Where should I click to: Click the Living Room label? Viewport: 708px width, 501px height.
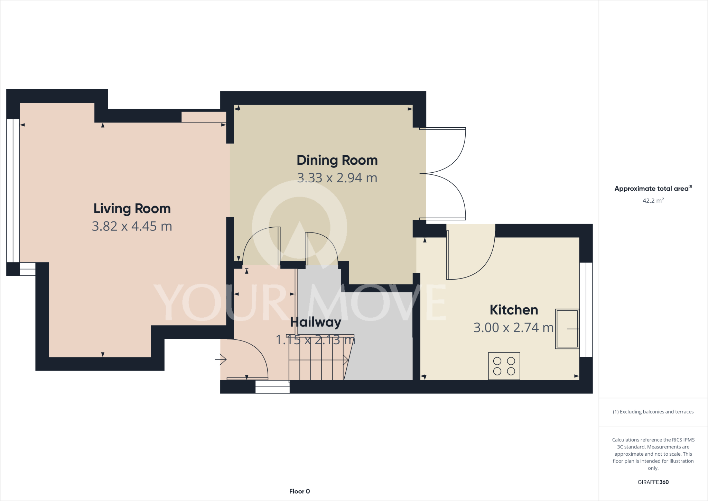coord(132,209)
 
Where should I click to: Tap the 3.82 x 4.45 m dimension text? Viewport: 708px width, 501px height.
coord(132,226)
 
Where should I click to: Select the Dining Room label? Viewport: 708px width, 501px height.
coord(337,160)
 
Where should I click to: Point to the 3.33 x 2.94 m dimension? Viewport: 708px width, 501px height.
coord(337,178)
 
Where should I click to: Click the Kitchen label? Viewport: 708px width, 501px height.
coord(514,310)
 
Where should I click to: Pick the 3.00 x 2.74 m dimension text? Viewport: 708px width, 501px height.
coord(513,328)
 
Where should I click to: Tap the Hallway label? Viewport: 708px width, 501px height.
coord(315,322)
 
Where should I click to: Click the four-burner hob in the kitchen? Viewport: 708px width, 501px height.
coord(504,366)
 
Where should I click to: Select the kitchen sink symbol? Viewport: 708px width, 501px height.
coord(567,329)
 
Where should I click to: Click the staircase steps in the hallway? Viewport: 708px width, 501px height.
coord(316,360)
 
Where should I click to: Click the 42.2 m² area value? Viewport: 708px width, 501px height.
coord(653,201)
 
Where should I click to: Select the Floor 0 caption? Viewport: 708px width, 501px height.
coord(299,491)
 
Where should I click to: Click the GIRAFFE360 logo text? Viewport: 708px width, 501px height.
coord(653,482)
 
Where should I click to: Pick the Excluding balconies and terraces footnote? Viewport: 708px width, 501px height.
coord(653,412)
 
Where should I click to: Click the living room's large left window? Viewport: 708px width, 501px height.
coord(13,190)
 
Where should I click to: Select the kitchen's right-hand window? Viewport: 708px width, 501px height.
coord(586,310)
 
